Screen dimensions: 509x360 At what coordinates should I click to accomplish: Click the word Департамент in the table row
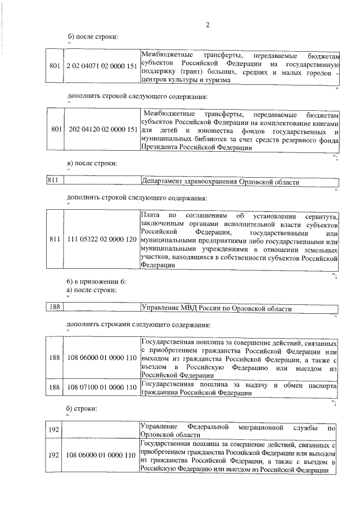point(164,182)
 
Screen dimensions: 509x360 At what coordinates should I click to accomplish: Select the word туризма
point(216,82)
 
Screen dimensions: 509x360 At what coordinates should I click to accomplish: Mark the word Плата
point(150,216)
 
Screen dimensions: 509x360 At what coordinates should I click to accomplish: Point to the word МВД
point(188,309)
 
